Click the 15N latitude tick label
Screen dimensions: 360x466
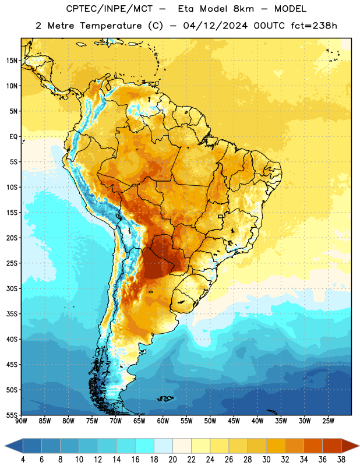pyautogui.click(x=12, y=61)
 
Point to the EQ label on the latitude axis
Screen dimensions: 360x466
pyautogui.click(x=13, y=137)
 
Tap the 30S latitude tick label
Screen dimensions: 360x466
pyautogui.click(x=12, y=288)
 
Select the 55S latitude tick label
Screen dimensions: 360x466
pyautogui.click(x=12, y=415)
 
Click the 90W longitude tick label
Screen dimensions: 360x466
pyautogui.click(x=21, y=421)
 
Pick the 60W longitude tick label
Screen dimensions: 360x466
pyautogui.click(x=163, y=421)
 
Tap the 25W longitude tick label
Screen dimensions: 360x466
pyautogui.click(x=328, y=421)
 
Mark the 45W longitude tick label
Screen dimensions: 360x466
pyautogui.click(x=234, y=421)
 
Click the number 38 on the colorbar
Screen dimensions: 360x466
pyautogui.click(x=341, y=460)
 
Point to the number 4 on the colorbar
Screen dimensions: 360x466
pyautogui.click(x=23, y=460)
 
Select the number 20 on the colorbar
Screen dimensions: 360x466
pyautogui.click(x=172, y=460)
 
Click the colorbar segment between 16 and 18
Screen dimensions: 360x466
pyautogui.click(x=145, y=446)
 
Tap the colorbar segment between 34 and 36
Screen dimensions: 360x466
pyautogui.click(x=313, y=446)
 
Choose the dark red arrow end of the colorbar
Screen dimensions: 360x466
pyautogui.click(x=350, y=446)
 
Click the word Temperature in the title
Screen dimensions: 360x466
pyautogui.click(x=111, y=26)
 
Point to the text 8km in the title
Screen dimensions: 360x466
pyautogui.click(x=243, y=9)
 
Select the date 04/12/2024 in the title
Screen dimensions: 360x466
pyautogui.click(x=215, y=26)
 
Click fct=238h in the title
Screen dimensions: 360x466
pyautogui.click(x=314, y=26)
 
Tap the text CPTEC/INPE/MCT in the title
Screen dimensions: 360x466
pyautogui.click(x=109, y=9)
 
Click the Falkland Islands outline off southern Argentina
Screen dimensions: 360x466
pyautogui.click(x=165, y=398)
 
